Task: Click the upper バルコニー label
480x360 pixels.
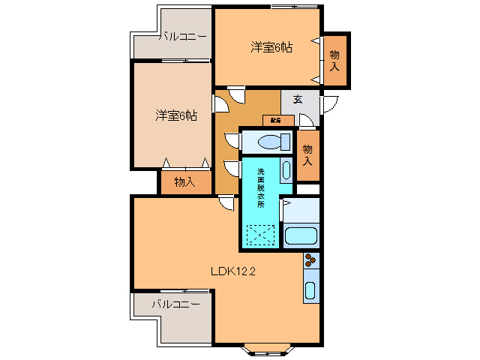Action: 184,36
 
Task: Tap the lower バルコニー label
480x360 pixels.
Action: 175,304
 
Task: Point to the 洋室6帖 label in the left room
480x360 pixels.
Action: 176,115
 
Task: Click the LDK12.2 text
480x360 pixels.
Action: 233,271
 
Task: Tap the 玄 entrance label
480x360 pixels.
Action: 298,99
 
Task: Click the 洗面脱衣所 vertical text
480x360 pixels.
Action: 260,187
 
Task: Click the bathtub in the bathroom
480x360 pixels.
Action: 302,235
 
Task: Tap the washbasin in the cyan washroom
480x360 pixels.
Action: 286,170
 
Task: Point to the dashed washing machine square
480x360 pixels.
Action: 261,236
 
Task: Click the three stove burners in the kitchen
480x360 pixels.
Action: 310,262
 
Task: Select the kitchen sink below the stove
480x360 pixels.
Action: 309,292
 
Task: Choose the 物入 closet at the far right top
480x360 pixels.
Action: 334,59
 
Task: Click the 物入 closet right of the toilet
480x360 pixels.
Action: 307,155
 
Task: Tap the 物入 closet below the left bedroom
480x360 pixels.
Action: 184,181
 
